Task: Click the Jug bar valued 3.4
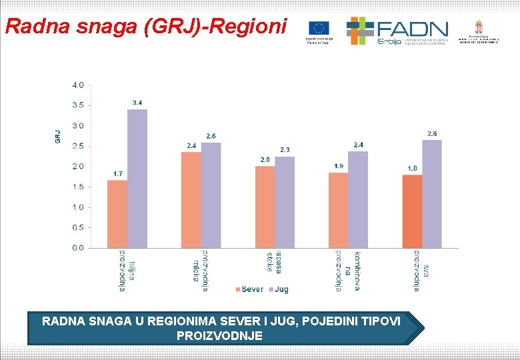[137, 179]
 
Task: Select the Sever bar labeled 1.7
[117, 213]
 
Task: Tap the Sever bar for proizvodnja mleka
[191, 199]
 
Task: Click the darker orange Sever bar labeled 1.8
[412, 211]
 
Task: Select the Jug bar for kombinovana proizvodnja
[358, 199]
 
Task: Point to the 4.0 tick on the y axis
[78, 85]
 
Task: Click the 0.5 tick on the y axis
[78, 227]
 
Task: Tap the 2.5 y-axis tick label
[78, 146]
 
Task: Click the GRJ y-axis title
[58, 136]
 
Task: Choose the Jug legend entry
[278, 289]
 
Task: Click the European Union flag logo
[319, 28]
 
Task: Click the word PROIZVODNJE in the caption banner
[219, 335]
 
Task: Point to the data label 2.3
[285, 149]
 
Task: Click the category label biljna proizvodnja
[127, 271]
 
